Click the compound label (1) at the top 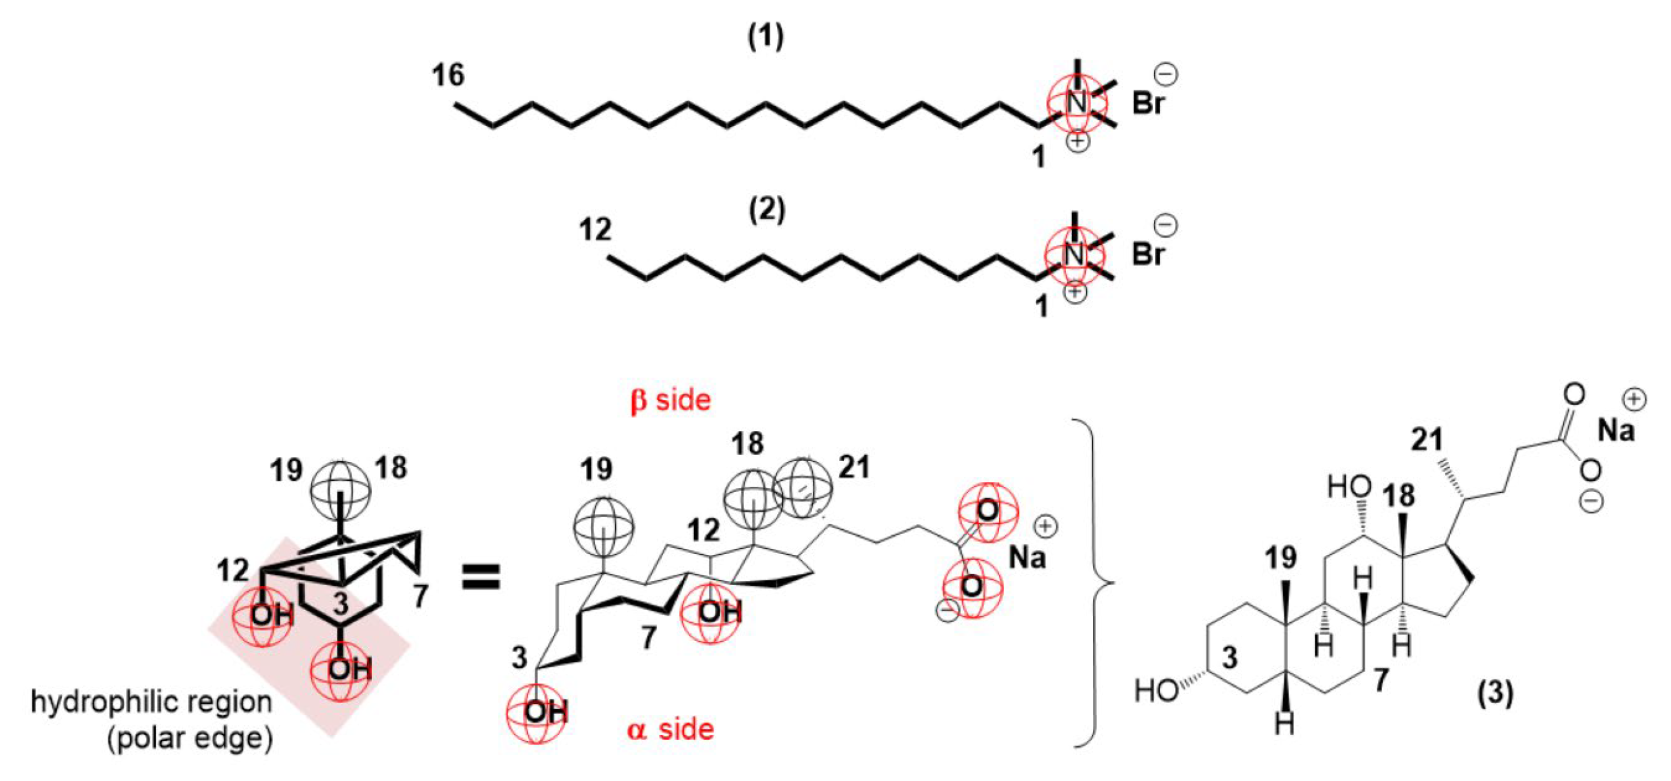(x=766, y=38)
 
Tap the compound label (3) (x=1495, y=694)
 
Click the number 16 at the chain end (x=448, y=76)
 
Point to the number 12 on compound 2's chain (x=595, y=230)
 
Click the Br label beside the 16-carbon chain (x=1149, y=104)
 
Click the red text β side (x=671, y=400)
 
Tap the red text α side (x=671, y=730)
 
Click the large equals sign (x=481, y=577)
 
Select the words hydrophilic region (x=151, y=702)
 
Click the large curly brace (x=1096, y=582)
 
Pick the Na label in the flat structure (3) (x=1615, y=430)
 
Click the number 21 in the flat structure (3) (x=1427, y=440)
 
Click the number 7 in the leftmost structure (x=421, y=595)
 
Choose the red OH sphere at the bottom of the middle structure (x=537, y=713)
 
